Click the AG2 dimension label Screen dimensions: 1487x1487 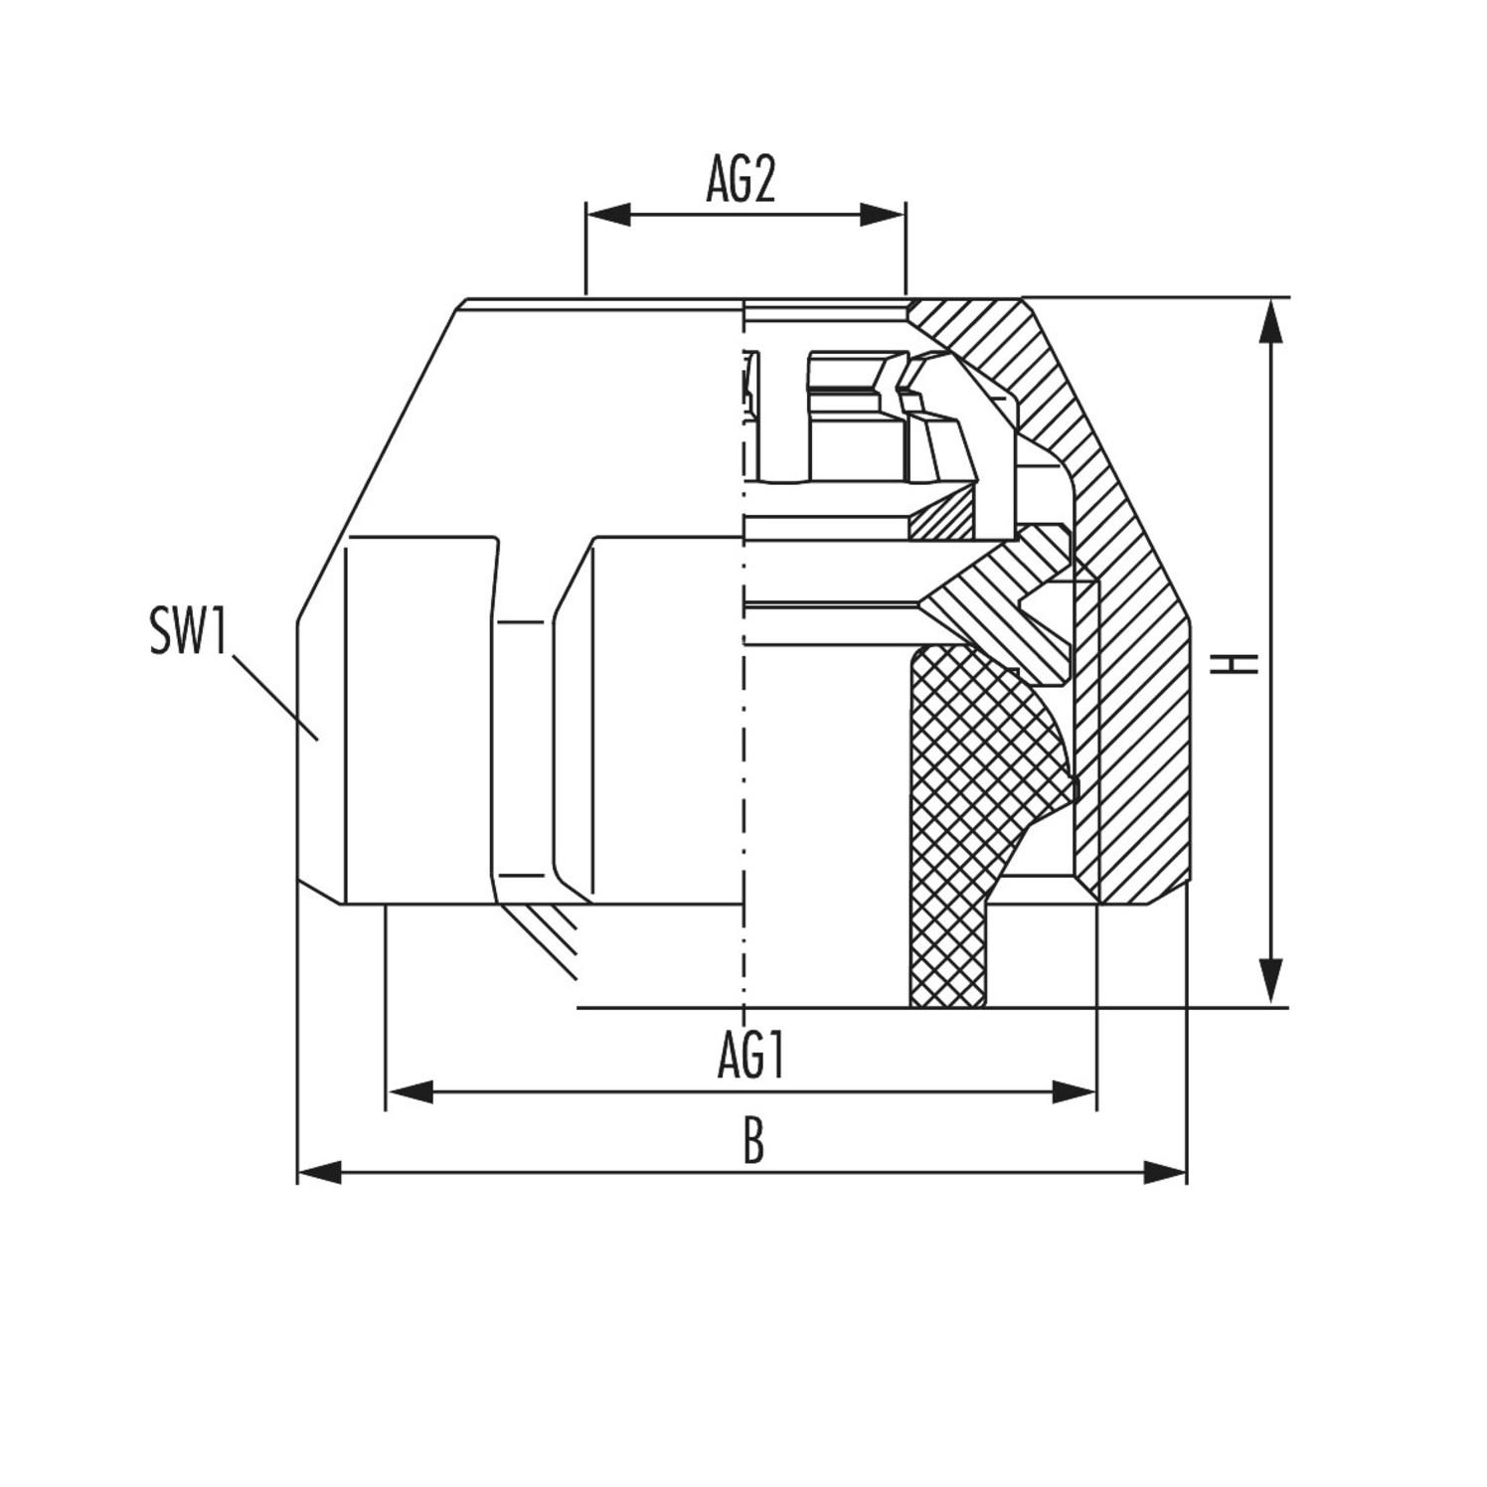[741, 180]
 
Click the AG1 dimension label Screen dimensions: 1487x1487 [752, 1056]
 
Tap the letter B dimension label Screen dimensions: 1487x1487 [753, 1142]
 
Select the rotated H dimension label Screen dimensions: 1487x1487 [1234, 663]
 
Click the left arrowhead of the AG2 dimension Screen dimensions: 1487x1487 [607, 214]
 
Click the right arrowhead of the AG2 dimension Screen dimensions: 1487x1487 [884, 214]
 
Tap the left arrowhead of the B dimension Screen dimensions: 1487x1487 [319, 1172]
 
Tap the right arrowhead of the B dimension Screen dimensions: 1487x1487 [1166, 1172]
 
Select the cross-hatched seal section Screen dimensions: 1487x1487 [954, 795]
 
